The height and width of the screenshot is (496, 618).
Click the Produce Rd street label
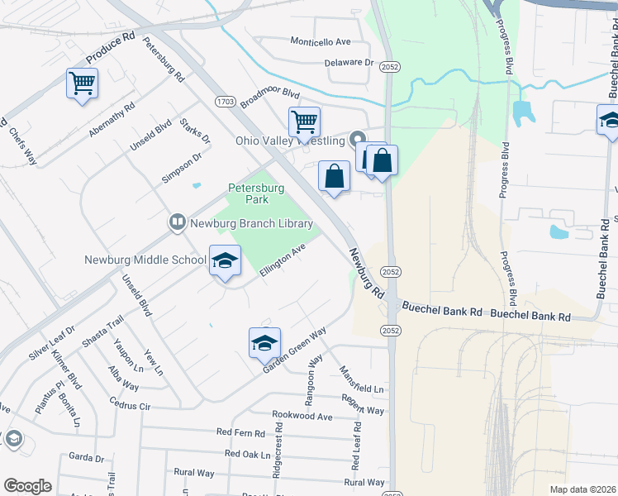click(110, 50)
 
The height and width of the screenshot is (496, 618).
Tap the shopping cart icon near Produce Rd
click(83, 83)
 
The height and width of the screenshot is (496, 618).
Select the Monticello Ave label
click(321, 41)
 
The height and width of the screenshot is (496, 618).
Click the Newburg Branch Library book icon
click(177, 222)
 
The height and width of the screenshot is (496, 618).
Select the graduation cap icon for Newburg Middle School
click(224, 261)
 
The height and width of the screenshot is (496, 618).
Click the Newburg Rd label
click(366, 274)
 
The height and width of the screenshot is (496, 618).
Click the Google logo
click(27, 486)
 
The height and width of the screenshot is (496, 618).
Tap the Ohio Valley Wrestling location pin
click(358, 138)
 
